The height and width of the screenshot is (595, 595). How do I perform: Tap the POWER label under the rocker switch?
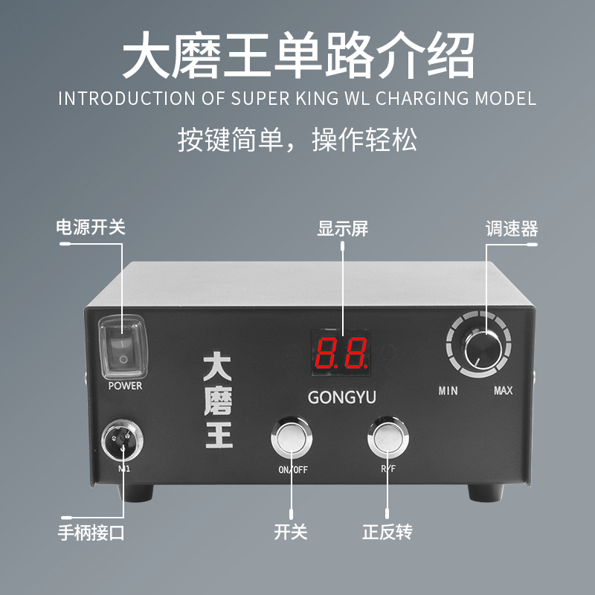click(x=125, y=386)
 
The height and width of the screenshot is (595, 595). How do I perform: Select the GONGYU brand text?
click(x=342, y=398)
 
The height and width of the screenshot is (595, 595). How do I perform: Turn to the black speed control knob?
click(x=483, y=347)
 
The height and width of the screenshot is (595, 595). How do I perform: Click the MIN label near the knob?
click(x=448, y=390)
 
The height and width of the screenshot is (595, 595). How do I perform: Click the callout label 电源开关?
click(x=91, y=227)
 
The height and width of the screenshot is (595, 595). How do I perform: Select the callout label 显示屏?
click(x=343, y=228)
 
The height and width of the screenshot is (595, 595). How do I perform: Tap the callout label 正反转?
click(x=387, y=533)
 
